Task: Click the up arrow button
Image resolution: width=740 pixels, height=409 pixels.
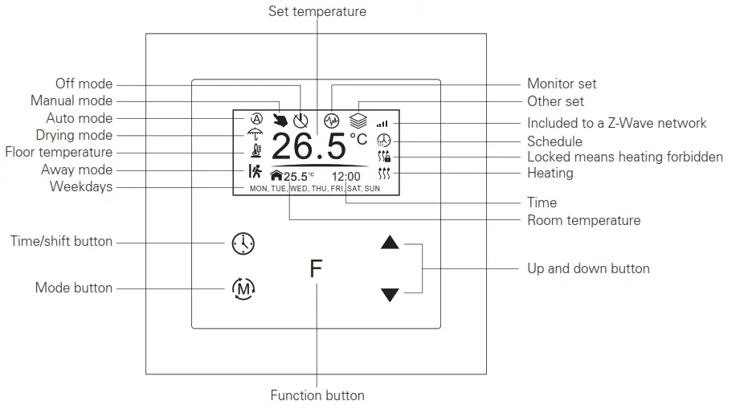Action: pos(390,243)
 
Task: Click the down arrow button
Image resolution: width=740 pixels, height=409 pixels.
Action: pos(390,295)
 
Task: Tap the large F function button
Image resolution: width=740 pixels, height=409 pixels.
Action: pos(316,268)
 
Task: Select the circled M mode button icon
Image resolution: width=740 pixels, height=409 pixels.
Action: pos(243,288)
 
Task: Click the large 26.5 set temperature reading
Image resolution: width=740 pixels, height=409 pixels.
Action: pos(309,147)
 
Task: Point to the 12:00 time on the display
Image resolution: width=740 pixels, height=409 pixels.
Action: pos(345,176)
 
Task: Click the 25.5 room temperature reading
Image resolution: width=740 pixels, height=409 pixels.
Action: pos(296,177)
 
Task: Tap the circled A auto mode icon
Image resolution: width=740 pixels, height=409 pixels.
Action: pos(256,118)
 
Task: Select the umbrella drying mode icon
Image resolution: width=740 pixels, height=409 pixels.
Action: pos(256,134)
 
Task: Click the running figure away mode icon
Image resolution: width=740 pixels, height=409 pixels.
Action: pos(255,170)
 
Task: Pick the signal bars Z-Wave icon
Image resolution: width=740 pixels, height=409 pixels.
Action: pos(382,124)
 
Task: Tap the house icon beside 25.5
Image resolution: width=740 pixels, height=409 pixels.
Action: pos(276,176)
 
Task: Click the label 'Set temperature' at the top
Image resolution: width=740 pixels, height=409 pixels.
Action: pos(317,11)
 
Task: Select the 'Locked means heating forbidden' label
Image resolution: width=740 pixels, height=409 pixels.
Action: pos(624,157)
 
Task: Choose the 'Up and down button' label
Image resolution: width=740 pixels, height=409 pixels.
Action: pos(588,268)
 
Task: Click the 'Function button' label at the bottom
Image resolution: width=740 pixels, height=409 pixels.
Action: pos(317,395)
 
